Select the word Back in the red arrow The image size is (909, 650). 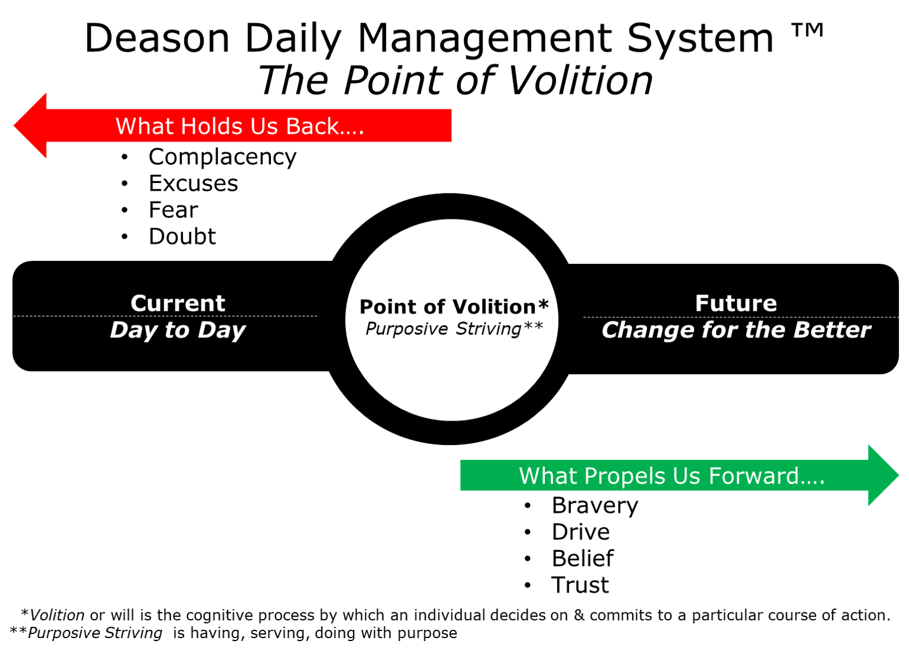click(313, 126)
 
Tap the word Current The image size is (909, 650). click(178, 303)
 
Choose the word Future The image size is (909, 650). click(736, 303)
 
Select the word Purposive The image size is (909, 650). click(406, 329)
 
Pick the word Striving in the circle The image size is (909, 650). click(488, 329)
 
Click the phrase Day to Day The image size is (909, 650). click(178, 330)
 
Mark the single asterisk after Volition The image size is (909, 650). click(543, 305)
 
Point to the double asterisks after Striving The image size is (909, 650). click(533, 326)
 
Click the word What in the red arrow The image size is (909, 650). click(144, 126)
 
